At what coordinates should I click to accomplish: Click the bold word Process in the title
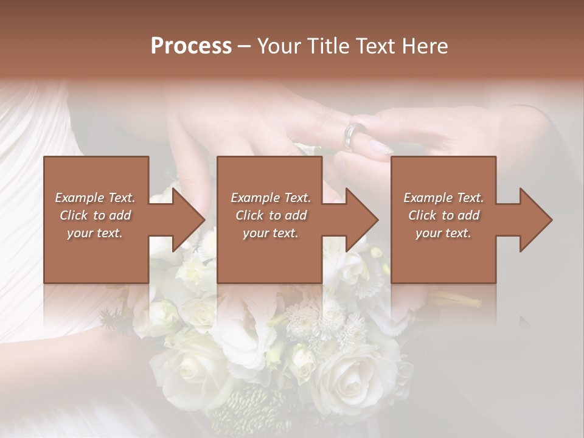tap(191, 46)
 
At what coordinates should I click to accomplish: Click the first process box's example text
tap(95, 215)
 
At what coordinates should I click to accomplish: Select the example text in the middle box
tap(270, 215)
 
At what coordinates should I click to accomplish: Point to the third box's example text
tap(443, 215)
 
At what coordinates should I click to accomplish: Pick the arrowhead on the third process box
tap(534, 220)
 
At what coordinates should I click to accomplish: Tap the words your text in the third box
tap(443, 233)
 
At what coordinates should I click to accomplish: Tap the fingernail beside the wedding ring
tap(380, 147)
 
